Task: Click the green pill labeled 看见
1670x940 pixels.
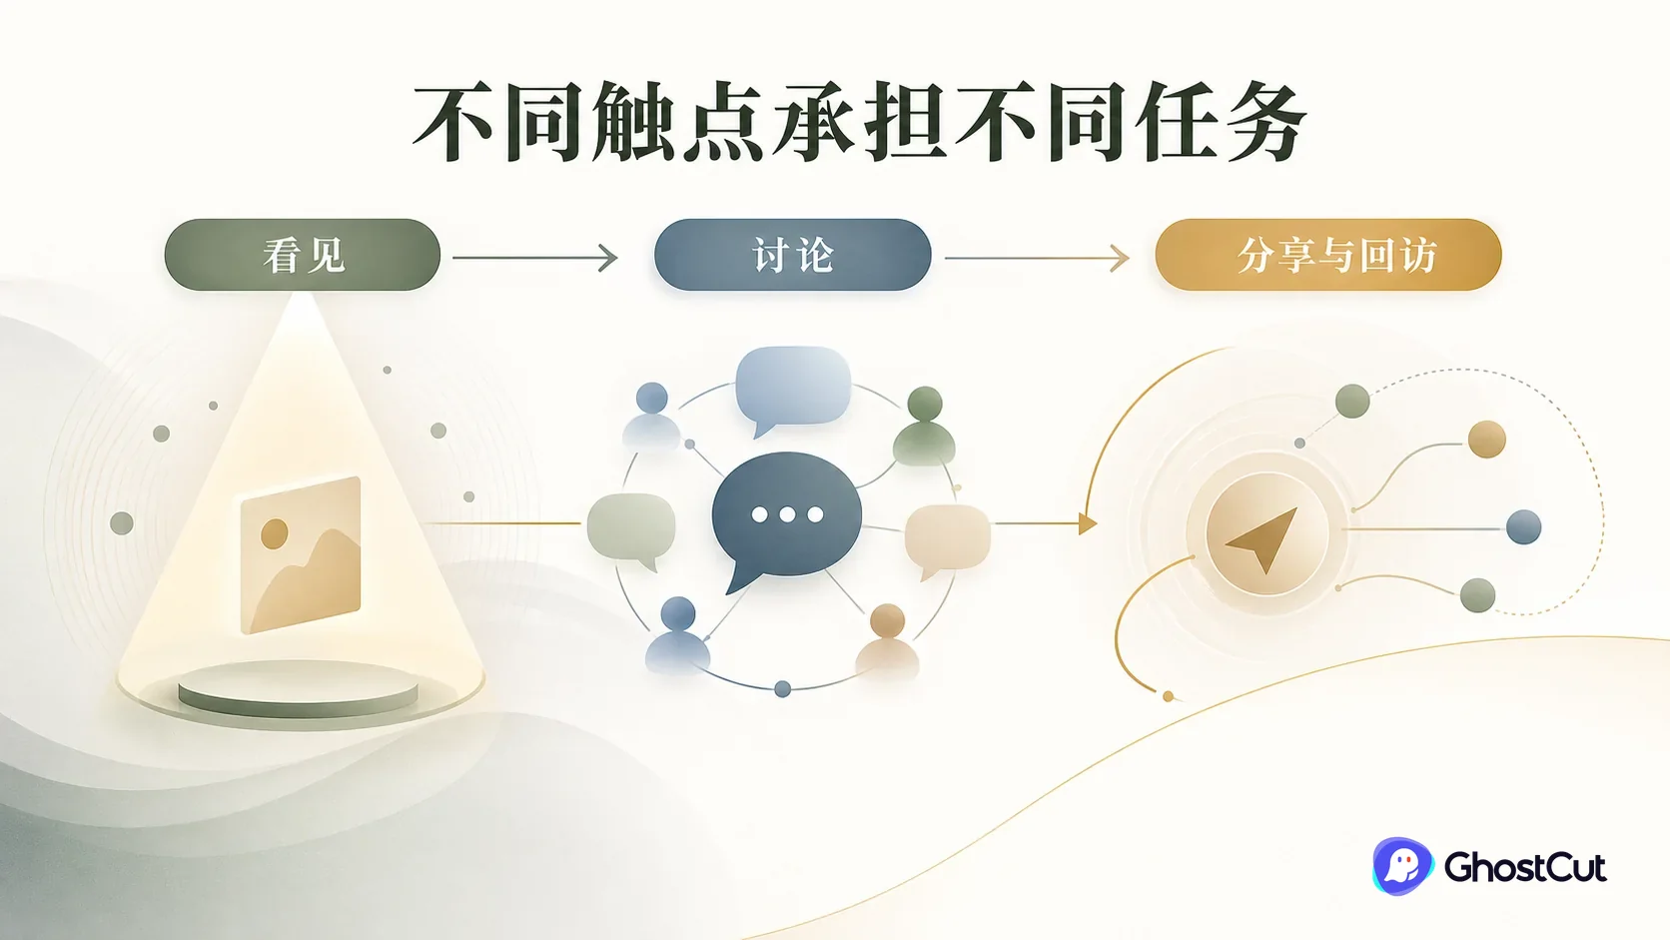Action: pyautogui.click(x=302, y=255)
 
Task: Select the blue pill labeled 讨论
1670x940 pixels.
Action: pyautogui.click(x=792, y=255)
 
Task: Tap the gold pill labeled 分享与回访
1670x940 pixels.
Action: pyautogui.click(x=1327, y=255)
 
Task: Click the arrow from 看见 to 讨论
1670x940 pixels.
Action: pyautogui.click(x=535, y=257)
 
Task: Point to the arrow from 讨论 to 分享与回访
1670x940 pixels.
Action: pyautogui.click(x=1037, y=258)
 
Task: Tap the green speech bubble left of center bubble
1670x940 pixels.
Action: pyautogui.click(x=631, y=530)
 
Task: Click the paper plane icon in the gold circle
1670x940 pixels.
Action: pyautogui.click(x=1265, y=536)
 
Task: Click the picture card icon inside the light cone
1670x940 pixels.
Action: pyautogui.click(x=301, y=554)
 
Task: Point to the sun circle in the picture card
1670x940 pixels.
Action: pyautogui.click(x=275, y=533)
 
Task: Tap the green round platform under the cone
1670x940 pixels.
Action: pyautogui.click(x=299, y=689)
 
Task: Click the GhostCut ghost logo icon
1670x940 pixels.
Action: pyautogui.click(x=1401, y=865)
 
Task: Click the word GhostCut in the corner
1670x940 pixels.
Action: pyautogui.click(x=1524, y=867)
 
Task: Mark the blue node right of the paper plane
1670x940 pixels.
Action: pyautogui.click(x=1524, y=527)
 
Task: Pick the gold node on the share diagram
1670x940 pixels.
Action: pyautogui.click(x=1486, y=440)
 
